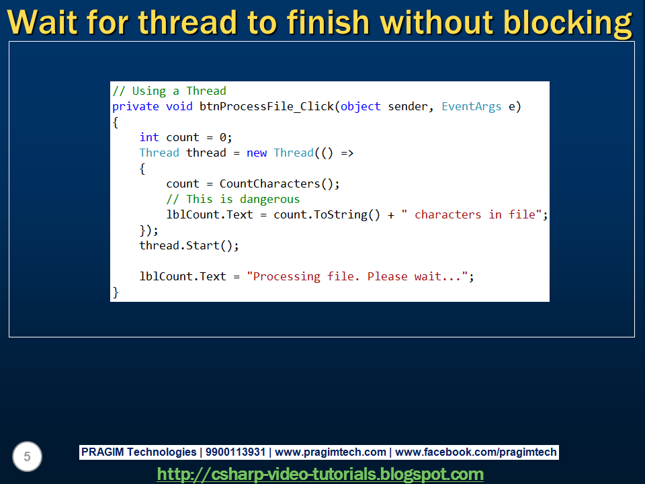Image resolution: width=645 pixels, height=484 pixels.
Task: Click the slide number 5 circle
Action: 27,457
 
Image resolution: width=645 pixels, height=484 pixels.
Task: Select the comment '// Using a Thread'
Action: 169,91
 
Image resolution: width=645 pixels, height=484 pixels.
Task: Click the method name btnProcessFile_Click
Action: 267,106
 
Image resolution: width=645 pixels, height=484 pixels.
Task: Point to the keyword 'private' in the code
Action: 136,106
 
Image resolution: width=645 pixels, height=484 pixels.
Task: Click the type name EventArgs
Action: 472,106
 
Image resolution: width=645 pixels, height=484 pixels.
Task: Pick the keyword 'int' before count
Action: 149,137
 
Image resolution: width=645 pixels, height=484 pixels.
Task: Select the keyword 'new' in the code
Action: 257,153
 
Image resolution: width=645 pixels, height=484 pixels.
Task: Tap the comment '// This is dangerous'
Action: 233,199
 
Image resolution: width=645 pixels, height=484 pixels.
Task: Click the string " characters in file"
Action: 472,214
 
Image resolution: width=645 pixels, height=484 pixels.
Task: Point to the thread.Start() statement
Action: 189,245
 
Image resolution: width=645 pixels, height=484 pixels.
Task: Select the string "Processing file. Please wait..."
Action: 357,276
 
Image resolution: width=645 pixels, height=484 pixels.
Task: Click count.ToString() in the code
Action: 327,214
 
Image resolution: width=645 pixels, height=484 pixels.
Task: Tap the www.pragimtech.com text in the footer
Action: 331,452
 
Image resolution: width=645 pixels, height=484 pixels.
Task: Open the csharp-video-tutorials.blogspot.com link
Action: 320,474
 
